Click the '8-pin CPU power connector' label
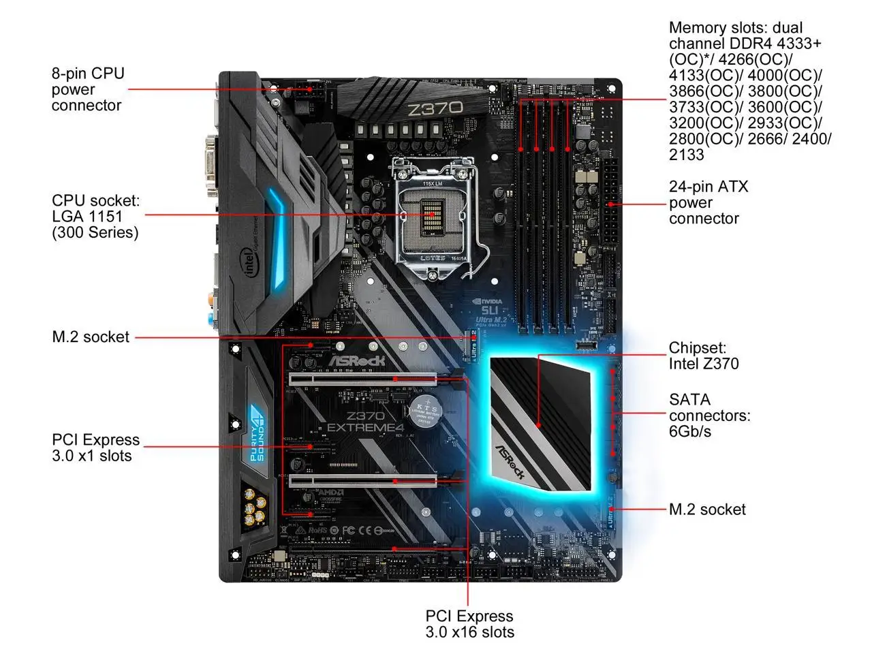click(x=88, y=89)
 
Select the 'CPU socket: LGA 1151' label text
click(x=95, y=217)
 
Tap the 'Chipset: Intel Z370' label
click(x=703, y=356)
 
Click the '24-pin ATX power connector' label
click(x=708, y=202)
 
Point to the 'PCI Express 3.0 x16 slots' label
click(x=469, y=624)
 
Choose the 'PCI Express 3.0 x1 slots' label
click(x=95, y=448)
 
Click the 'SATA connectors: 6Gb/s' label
click(x=709, y=415)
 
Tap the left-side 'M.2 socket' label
click(x=91, y=337)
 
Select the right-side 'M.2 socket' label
click(x=707, y=510)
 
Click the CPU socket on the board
click(x=433, y=214)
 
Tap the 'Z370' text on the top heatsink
click(x=434, y=108)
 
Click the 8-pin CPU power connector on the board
click(x=315, y=89)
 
